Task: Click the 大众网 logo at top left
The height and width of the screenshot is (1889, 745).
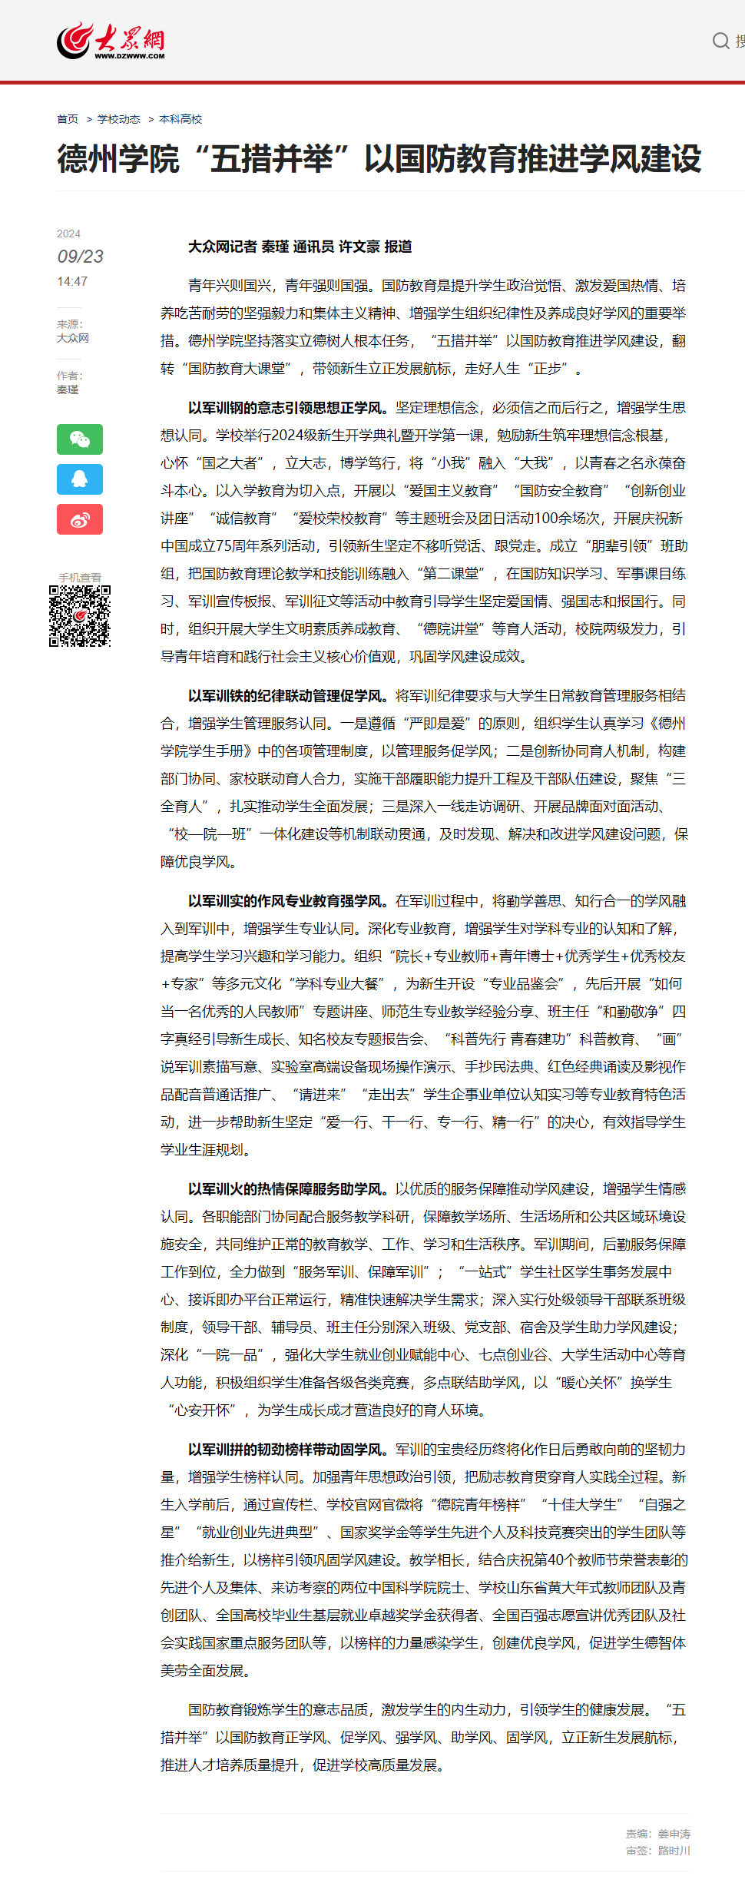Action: [x=111, y=41]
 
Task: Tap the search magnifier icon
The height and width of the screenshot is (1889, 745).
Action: [x=720, y=41]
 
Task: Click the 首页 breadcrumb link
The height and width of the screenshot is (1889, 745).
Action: [x=68, y=119]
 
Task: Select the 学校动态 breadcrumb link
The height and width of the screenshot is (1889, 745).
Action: [x=118, y=119]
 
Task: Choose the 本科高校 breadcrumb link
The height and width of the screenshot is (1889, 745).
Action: [x=180, y=119]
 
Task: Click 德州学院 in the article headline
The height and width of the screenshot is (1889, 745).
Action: [x=118, y=159]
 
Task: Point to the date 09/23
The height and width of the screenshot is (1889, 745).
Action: [x=80, y=257]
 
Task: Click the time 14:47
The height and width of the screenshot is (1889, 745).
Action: [x=72, y=282]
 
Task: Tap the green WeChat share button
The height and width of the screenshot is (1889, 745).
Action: [x=80, y=439]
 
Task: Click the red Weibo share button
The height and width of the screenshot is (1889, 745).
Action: [x=80, y=519]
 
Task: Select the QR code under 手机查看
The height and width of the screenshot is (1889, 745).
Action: [x=80, y=616]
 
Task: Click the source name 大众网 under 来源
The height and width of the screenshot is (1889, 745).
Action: [x=73, y=338]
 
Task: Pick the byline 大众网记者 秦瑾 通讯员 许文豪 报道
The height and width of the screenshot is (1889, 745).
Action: [x=300, y=247]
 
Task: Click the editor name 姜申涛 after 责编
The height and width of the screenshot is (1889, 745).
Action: [x=674, y=1834]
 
